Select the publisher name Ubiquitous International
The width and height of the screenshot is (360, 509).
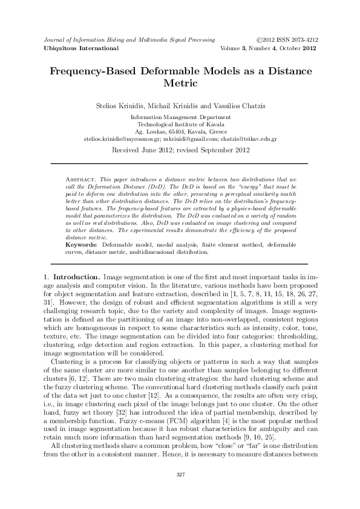[x=76, y=47]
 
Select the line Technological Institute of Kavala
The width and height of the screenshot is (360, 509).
[x=180, y=123]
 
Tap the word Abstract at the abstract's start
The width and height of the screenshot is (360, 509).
[x=78, y=181]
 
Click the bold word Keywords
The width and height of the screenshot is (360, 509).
[x=80, y=243]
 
